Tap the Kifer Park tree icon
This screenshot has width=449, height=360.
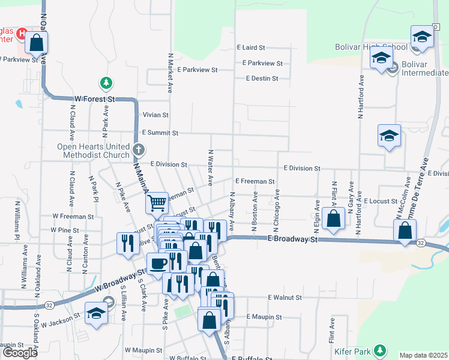(379, 349)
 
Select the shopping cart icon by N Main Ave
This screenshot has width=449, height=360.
(157, 203)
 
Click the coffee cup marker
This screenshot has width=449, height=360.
(158, 263)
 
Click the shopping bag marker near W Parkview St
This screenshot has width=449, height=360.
(36, 43)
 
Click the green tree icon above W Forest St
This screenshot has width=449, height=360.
(106, 82)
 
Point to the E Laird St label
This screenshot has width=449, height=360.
(250, 47)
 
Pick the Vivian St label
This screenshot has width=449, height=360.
(155, 115)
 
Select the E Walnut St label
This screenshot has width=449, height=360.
(285, 297)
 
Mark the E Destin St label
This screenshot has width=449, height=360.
(262, 78)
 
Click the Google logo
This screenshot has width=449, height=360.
(20, 353)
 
